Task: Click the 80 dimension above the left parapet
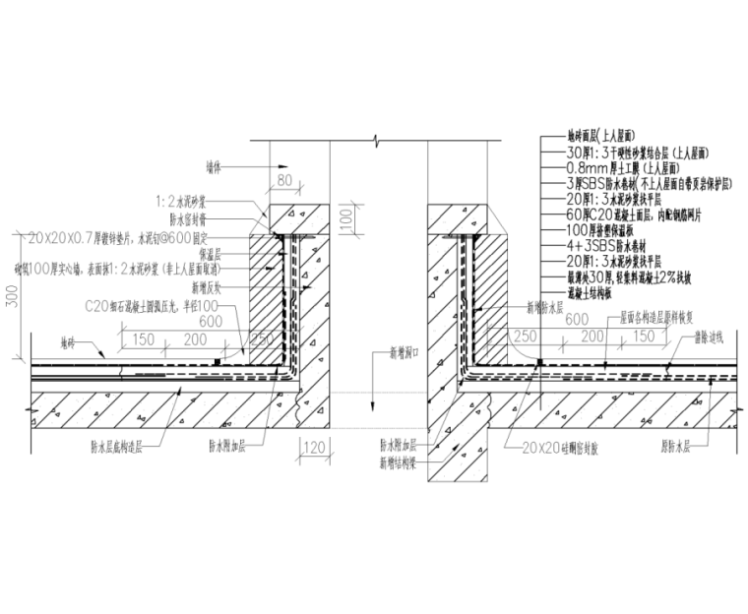point(285,182)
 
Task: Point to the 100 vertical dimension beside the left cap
point(344,219)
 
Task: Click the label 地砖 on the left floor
point(66,344)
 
